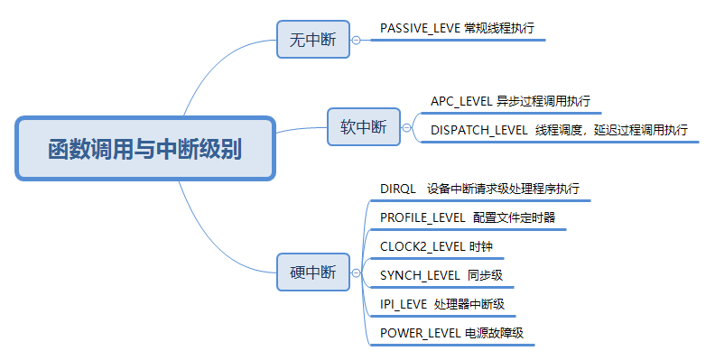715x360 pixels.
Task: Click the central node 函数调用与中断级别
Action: click(x=144, y=148)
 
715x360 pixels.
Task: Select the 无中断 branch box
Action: click(x=312, y=40)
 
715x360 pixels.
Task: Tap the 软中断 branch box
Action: click(x=363, y=127)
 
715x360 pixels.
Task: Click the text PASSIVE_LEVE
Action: click(x=420, y=28)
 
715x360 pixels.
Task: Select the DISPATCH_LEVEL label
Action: click(x=478, y=130)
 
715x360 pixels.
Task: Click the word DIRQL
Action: click(x=397, y=189)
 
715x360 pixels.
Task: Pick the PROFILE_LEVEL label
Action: click(x=422, y=217)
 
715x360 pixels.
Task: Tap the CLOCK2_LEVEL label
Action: click(x=422, y=246)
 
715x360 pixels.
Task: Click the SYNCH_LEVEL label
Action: click(x=418, y=275)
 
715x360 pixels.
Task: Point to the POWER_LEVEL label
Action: click(x=420, y=333)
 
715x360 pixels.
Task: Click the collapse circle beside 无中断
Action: click(x=357, y=40)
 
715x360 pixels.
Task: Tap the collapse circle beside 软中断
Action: click(x=407, y=127)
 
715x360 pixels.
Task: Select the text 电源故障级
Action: click(x=494, y=333)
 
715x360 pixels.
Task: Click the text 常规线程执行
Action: click(x=499, y=28)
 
